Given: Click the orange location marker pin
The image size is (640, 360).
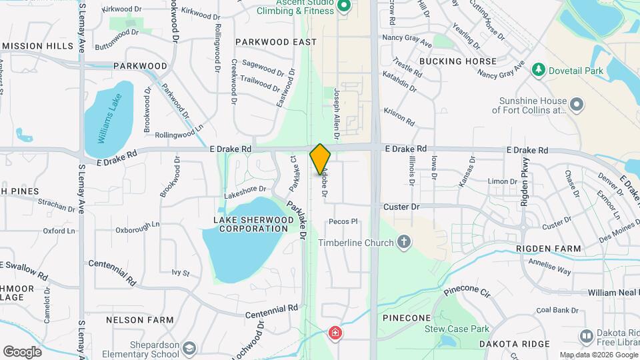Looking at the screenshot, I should coord(321,159).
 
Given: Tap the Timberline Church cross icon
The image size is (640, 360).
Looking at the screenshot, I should coord(403,243).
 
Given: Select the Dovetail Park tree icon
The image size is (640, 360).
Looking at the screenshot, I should coord(537,70).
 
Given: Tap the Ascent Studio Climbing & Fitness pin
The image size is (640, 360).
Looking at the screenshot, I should coord(344,7).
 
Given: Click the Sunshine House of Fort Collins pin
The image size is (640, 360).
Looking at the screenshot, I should coord(577,105).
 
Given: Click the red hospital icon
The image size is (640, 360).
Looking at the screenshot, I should coord(334,333).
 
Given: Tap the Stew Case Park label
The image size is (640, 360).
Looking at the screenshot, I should coord(457,329).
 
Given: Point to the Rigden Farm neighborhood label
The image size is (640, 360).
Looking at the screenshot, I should coord(549,249).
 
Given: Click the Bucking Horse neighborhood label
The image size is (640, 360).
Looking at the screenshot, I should coord(459,61).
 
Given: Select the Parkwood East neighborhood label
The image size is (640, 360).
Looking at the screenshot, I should coord(276,42).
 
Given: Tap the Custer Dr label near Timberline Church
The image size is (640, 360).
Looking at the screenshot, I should coord(401,207).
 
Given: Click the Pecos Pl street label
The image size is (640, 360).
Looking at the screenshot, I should coord(344,221).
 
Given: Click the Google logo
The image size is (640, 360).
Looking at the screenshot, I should coord(22,351).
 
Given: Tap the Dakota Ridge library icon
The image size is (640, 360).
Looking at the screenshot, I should coord(587,336).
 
